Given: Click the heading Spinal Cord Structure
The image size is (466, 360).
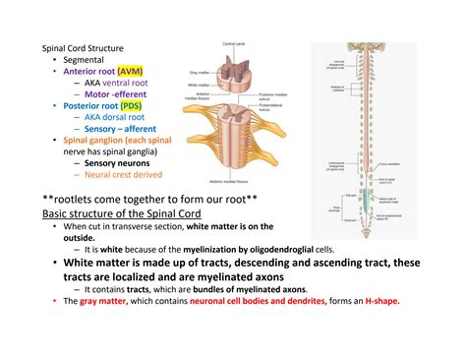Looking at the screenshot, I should coord(81,47).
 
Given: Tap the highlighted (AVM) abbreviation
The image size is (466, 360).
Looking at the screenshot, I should coord(128,71).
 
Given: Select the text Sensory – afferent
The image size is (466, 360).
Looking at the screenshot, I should coord(123,129).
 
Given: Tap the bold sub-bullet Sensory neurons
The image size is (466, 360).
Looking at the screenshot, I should coord(117,163).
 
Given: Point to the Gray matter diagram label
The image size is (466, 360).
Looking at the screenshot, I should coord(197,73).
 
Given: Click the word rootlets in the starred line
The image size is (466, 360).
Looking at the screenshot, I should coord(72,198).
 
